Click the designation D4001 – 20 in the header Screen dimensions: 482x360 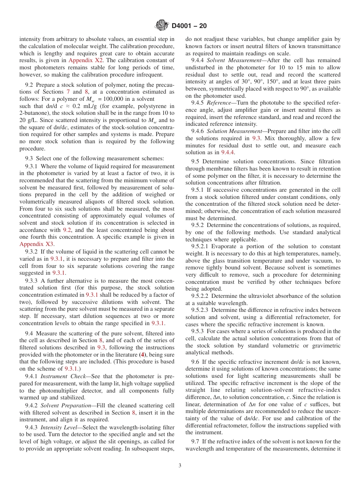[189, 26]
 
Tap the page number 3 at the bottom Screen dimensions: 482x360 [180, 466]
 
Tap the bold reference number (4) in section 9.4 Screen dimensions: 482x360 [142, 355]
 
